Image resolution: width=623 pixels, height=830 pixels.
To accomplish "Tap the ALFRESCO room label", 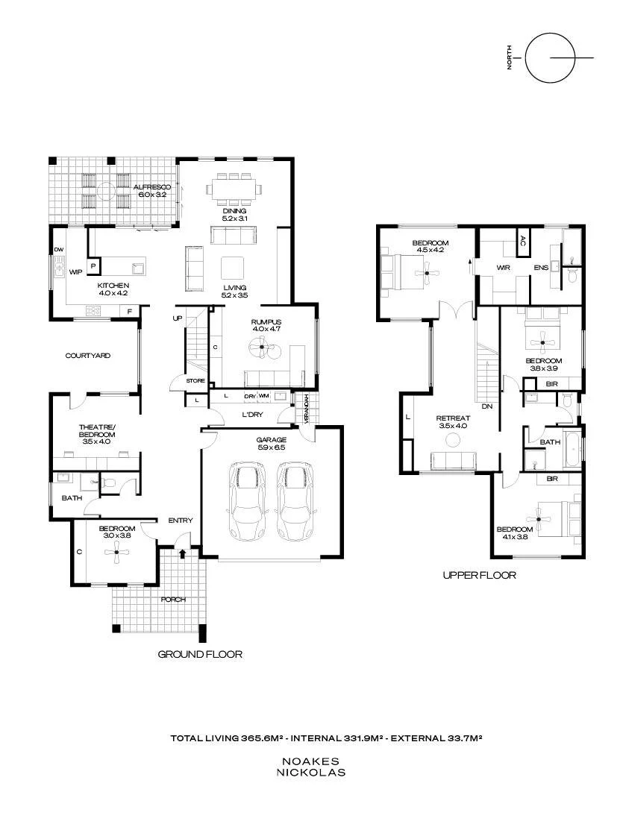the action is click(x=152, y=187).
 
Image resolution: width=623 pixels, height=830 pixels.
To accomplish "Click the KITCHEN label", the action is click(x=113, y=286).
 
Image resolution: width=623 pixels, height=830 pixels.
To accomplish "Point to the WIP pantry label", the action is click(x=75, y=272).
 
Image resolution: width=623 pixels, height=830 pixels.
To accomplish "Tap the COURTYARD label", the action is click(x=88, y=356).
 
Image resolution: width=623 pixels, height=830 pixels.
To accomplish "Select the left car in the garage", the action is click(x=247, y=500).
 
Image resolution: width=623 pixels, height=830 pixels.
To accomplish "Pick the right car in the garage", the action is click(x=295, y=500).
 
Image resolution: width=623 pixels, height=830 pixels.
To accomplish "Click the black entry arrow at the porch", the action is click(x=183, y=553).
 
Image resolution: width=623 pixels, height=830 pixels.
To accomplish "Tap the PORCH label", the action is click(x=173, y=600).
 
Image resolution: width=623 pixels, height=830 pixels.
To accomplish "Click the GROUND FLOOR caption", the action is click(x=200, y=654).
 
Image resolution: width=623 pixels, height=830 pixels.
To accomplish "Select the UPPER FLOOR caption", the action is click(x=480, y=575).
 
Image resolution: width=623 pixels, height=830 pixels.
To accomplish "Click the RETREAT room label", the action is click(x=454, y=418).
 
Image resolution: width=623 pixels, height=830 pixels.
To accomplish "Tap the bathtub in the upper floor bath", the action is click(x=573, y=450).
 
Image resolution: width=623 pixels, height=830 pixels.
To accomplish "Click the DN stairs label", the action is click(x=487, y=406).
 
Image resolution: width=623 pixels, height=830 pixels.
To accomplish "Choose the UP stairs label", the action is click(x=177, y=318).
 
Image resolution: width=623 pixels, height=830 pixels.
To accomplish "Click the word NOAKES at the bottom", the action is click(x=310, y=761).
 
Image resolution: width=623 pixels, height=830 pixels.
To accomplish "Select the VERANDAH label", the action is click(x=306, y=409).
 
